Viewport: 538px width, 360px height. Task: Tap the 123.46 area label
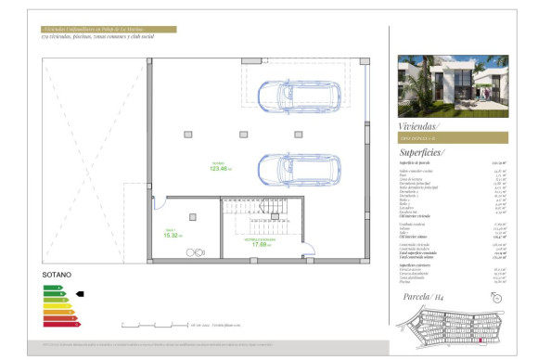coord(220,168)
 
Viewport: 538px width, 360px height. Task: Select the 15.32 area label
coord(171,235)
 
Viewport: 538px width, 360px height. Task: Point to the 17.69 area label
coord(257,245)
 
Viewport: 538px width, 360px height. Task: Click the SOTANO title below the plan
coord(58,276)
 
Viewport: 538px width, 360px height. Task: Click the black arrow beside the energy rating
coord(80,294)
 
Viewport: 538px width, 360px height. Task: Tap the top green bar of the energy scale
coord(51,288)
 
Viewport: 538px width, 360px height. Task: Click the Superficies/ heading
coord(422,151)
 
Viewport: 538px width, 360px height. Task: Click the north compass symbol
coord(497,298)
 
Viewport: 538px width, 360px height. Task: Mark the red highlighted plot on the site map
coord(480,341)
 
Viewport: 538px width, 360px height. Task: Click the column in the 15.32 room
coord(192,216)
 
